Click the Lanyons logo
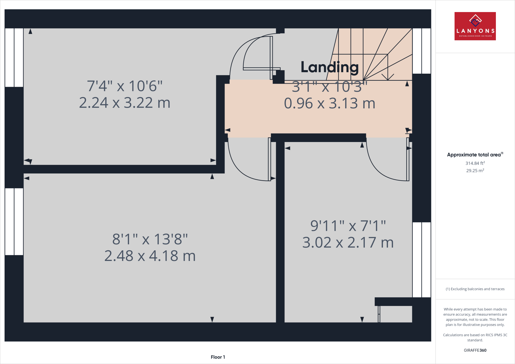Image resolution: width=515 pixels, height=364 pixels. pyautogui.click(x=475, y=26)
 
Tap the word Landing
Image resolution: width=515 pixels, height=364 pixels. pyautogui.click(x=329, y=67)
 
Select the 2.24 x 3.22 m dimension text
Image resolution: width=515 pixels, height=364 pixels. pyautogui.click(x=125, y=103)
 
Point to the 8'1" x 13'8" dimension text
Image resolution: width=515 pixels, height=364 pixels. pyautogui.click(x=150, y=239)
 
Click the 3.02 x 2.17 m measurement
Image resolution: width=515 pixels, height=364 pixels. pyautogui.click(x=348, y=243)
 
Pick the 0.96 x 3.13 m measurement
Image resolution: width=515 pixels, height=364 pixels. pyautogui.click(x=329, y=103)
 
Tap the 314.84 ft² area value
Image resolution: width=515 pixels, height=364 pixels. pyautogui.click(x=475, y=163)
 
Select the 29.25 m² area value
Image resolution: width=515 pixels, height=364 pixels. pyautogui.click(x=475, y=170)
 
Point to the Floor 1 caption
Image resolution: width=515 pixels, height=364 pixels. pyautogui.click(x=218, y=357)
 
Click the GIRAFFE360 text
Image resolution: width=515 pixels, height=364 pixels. pyautogui.click(x=475, y=350)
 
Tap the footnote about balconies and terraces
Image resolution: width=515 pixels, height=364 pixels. pyautogui.click(x=475, y=289)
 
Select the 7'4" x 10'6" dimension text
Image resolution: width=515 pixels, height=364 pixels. pyautogui.click(x=125, y=86)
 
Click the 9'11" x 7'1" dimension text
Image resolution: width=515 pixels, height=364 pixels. pyautogui.click(x=348, y=226)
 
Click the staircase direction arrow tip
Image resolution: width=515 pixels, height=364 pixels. pyautogui.click(x=388, y=80)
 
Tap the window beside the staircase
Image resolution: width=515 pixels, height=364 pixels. pyautogui.click(x=421, y=51)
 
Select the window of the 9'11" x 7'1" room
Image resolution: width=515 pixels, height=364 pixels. pyautogui.click(x=421, y=260)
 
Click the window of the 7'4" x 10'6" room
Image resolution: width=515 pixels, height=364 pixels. pyautogui.click(x=14, y=58)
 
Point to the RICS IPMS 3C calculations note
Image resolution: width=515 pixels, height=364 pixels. pyautogui.click(x=475, y=337)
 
